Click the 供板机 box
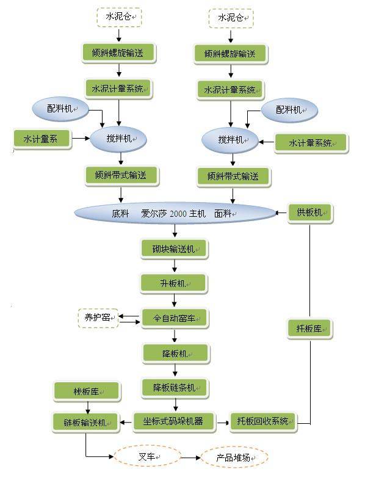tap(310, 213)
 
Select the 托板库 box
tap(309, 329)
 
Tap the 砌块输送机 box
tap(175, 249)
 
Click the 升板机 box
tap(175, 283)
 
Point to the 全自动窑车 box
tap(175, 318)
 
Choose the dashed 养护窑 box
tap(97, 318)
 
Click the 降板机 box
tap(175, 353)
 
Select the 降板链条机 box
tap(175, 387)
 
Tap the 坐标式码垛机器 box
tap(175, 421)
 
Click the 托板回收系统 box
tap(263, 421)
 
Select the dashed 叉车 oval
tap(147, 456)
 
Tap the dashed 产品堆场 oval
tap(234, 457)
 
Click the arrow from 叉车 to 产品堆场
tap(191, 457)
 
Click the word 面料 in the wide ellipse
tap(223, 214)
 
